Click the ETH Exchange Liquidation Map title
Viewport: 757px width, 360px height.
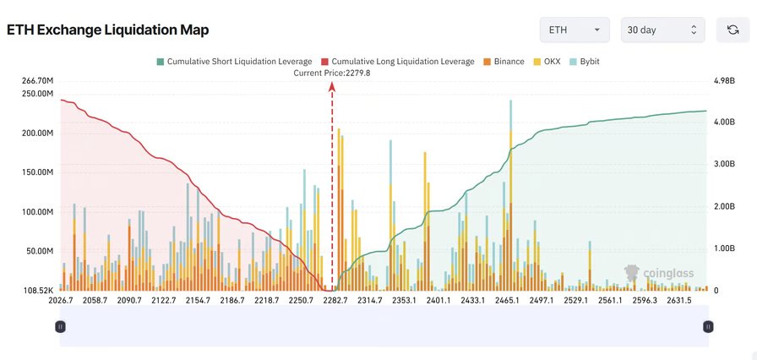(107, 30)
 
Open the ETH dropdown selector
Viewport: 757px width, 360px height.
(575, 30)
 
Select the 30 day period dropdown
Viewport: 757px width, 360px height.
(662, 30)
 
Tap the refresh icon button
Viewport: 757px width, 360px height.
(732, 30)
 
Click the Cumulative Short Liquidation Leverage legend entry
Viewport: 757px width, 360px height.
(234, 62)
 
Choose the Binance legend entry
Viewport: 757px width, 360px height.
(504, 62)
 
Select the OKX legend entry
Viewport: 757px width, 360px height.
(548, 62)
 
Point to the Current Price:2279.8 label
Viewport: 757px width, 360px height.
(332, 73)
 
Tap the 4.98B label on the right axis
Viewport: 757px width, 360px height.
(725, 80)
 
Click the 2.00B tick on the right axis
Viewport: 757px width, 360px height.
(725, 206)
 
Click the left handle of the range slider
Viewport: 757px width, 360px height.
(60, 326)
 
